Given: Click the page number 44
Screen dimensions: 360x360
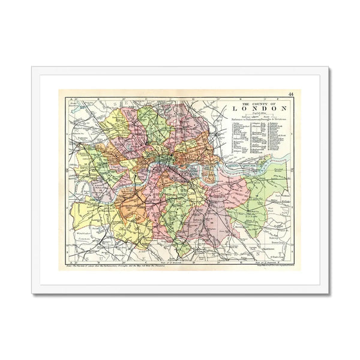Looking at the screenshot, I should [290, 94].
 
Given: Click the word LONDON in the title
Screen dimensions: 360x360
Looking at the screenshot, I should [256, 108].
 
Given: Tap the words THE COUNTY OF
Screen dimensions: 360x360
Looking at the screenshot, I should [256, 100].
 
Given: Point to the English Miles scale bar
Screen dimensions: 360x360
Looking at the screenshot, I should [256, 115].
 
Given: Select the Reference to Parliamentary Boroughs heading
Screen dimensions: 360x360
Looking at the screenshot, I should [256, 122].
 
